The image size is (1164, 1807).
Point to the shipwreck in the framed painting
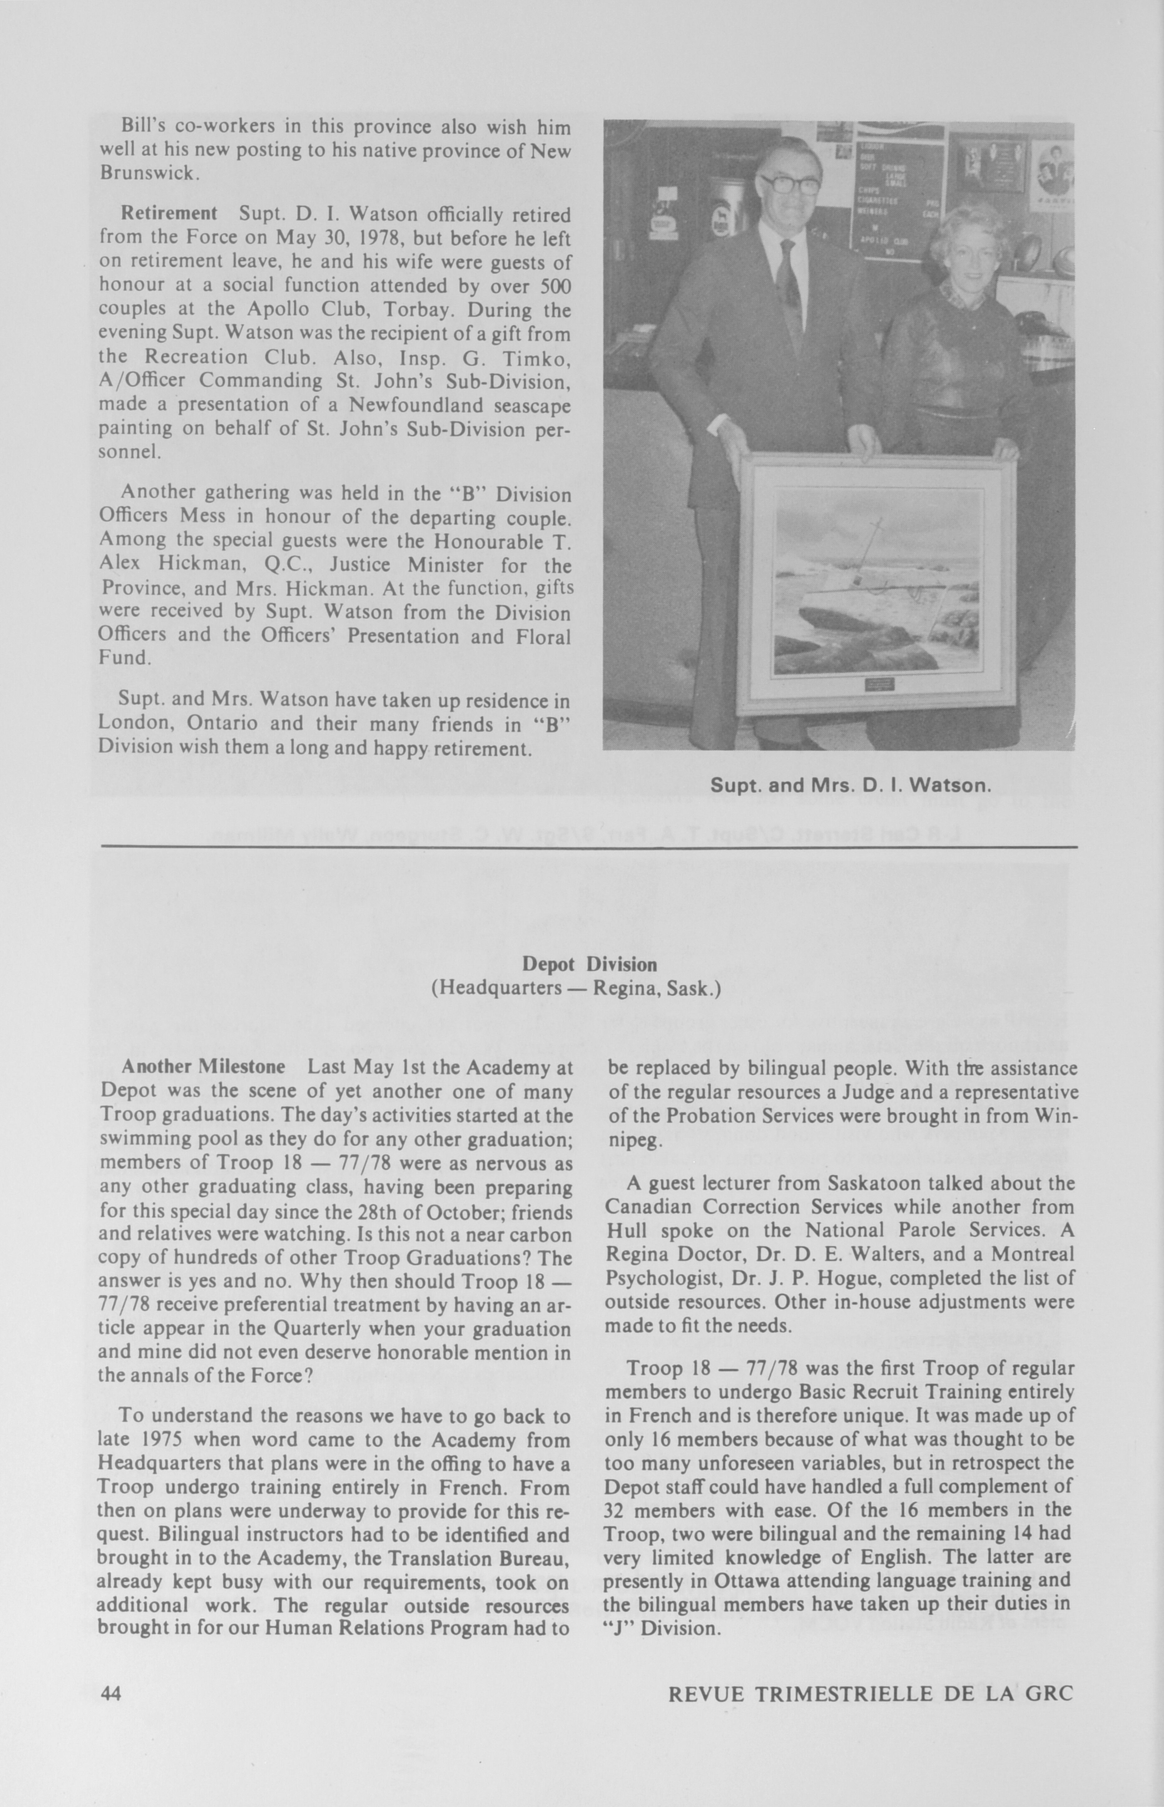click(x=869, y=586)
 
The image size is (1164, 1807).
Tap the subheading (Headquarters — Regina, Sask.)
click(x=576, y=988)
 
